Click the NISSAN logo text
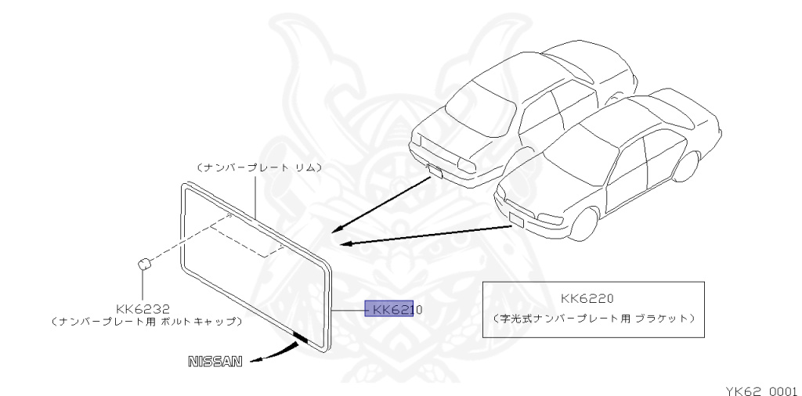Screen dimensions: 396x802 (213, 362)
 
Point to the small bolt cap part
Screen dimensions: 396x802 (143, 264)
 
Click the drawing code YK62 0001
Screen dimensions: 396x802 (759, 389)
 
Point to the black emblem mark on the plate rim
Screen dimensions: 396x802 (300, 337)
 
